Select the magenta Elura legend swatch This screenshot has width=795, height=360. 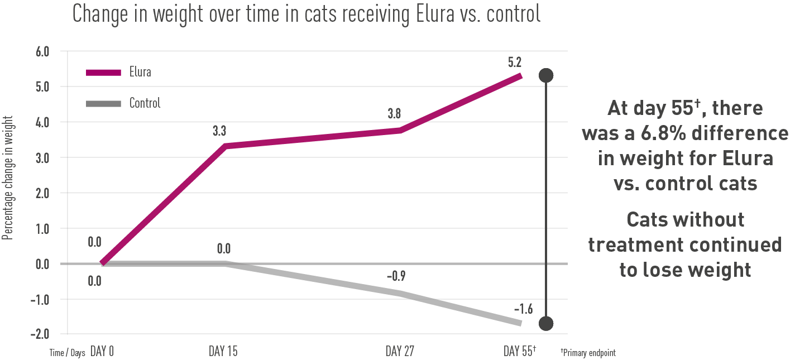pos(103,73)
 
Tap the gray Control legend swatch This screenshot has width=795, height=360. pos(103,103)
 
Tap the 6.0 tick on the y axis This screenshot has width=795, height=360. pos(42,51)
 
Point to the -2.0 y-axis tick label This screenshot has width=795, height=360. pos(41,334)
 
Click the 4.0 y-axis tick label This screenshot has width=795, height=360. pos(42,122)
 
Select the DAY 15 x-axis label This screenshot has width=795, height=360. pos(224,352)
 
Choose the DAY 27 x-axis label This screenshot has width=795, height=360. pos(400,352)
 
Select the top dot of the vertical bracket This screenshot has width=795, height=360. pos(545,75)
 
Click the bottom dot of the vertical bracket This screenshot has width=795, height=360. pos(545,323)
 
